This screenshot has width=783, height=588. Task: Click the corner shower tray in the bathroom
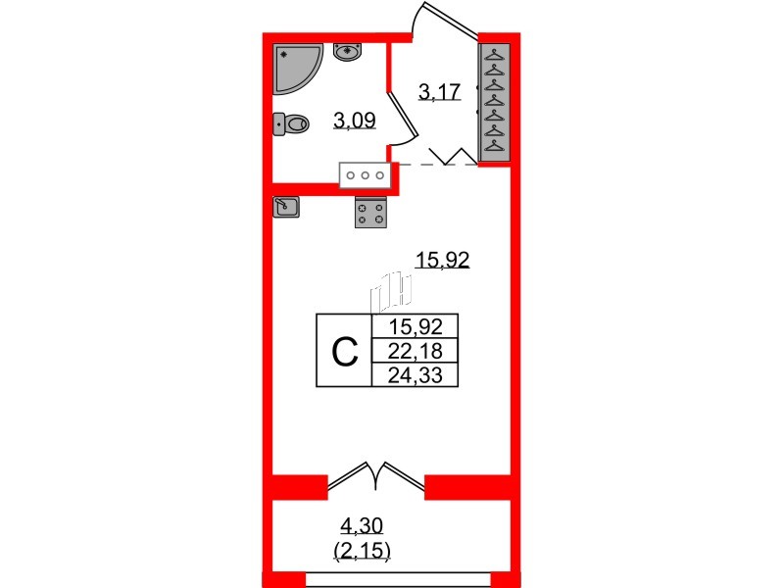point(297,67)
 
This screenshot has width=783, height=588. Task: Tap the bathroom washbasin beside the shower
point(348,51)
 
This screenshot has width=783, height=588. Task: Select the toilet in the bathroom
point(291,122)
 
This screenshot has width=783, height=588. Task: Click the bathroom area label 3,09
point(354,122)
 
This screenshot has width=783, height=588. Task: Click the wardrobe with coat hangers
point(494,101)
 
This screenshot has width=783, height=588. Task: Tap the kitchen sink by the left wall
point(286,206)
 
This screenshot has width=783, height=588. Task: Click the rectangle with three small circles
point(366,175)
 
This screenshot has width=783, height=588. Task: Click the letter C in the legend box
point(344,351)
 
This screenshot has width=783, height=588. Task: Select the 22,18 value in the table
point(415,351)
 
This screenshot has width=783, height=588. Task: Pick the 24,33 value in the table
point(415,374)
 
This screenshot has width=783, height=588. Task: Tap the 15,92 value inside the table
point(415,327)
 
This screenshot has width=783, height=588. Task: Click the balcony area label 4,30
point(365,528)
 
